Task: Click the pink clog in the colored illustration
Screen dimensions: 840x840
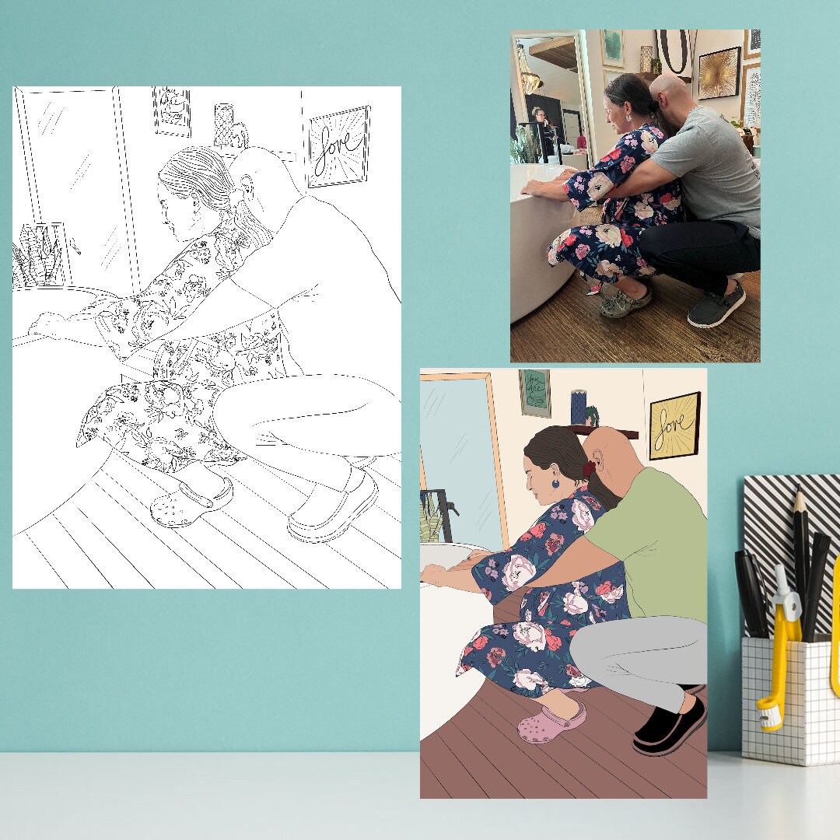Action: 550,723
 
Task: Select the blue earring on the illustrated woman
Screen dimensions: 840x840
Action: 555,484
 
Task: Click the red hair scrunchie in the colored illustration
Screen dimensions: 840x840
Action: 589,469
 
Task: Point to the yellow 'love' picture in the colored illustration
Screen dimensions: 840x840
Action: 674,425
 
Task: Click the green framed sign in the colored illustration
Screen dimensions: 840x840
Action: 535,392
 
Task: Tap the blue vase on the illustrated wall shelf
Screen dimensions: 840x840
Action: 578,407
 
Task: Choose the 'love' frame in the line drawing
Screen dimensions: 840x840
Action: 338,145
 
